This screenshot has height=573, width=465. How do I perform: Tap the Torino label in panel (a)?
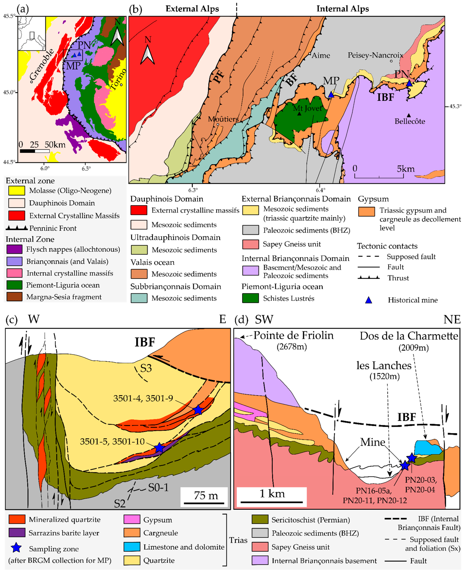pyautogui.click(x=118, y=79)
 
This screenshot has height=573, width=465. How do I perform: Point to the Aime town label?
pyautogui.click(x=321, y=55)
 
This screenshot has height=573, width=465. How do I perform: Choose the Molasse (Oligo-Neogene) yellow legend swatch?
pyautogui.click(x=17, y=191)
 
